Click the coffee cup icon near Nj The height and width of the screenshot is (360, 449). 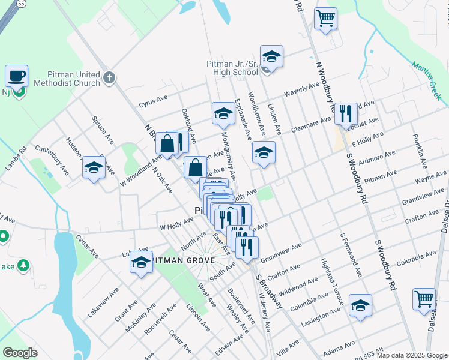click(x=17, y=76)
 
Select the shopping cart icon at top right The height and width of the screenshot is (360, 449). click(x=325, y=18)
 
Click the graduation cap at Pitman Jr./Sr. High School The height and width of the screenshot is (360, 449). click(x=271, y=56)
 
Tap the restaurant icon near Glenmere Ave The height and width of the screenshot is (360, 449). click(x=345, y=113)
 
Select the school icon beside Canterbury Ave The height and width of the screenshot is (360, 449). click(x=94, y=167)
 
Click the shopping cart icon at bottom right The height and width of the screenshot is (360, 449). click(x=424, y=299)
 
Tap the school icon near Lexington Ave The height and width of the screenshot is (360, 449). click(x=360, y=305)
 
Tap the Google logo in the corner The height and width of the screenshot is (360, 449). click(x=19, y=353)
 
